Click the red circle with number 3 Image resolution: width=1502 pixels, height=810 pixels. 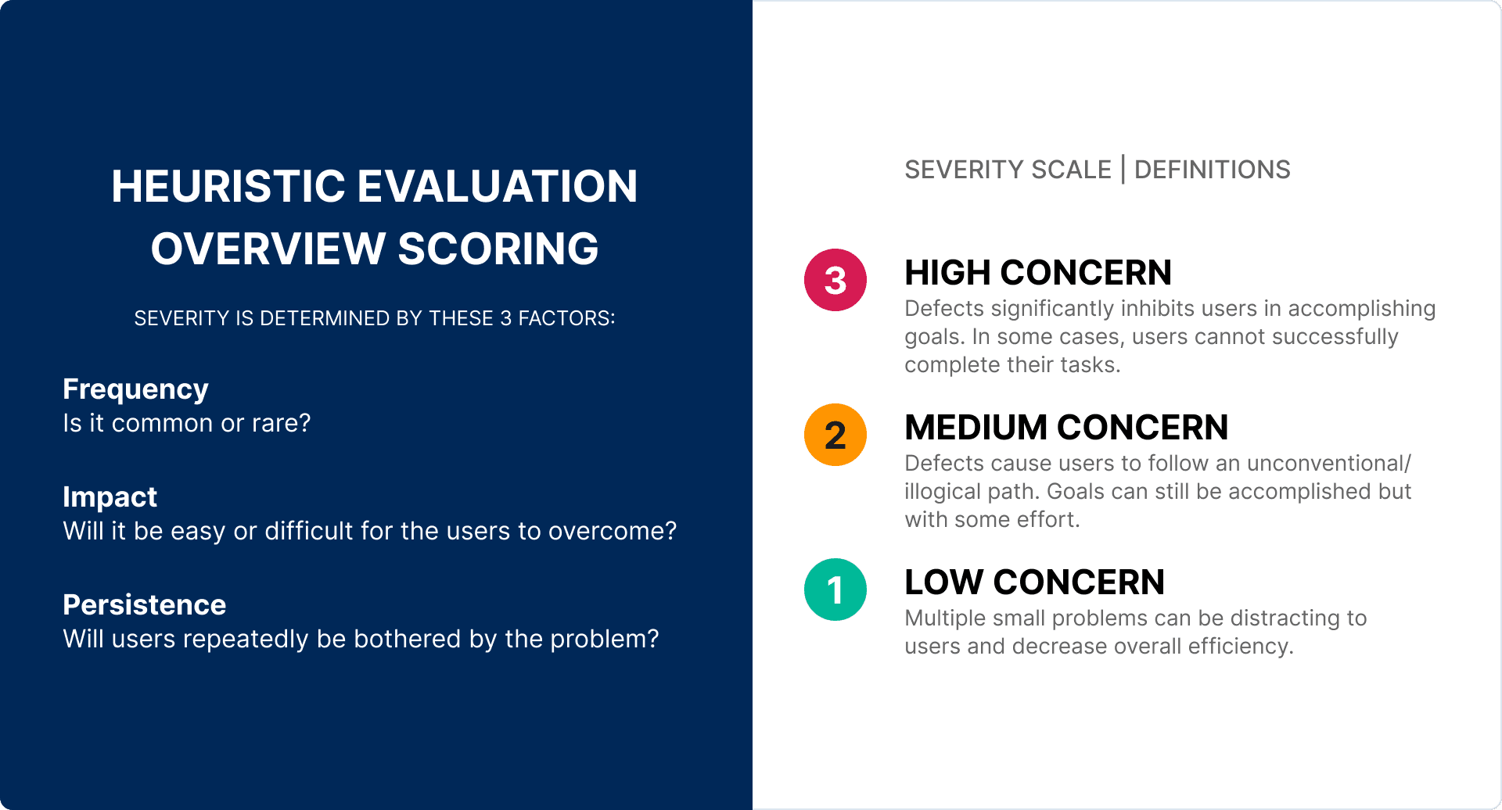(835, 280)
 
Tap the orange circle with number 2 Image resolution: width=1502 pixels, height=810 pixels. (835, 435)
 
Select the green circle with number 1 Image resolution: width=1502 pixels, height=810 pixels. (835, 590)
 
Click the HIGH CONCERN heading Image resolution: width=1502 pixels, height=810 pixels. (1038, 273)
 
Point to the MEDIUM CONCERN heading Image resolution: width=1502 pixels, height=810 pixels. (1066, 428)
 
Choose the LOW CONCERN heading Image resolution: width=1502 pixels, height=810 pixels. (1035, 582)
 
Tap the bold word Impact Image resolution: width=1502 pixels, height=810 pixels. (110, 497)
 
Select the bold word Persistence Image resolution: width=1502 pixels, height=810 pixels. (145, 605)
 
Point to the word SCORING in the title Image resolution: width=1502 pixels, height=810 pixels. (498, 249)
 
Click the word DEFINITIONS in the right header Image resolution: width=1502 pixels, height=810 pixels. (1213, 170)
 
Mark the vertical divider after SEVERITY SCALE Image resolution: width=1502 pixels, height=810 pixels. (1123, 170)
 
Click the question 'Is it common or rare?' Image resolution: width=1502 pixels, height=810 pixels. (187, 423)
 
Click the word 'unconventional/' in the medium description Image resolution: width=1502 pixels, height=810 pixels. (1329, 464)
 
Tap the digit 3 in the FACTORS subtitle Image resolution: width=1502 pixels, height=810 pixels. (505, 318)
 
